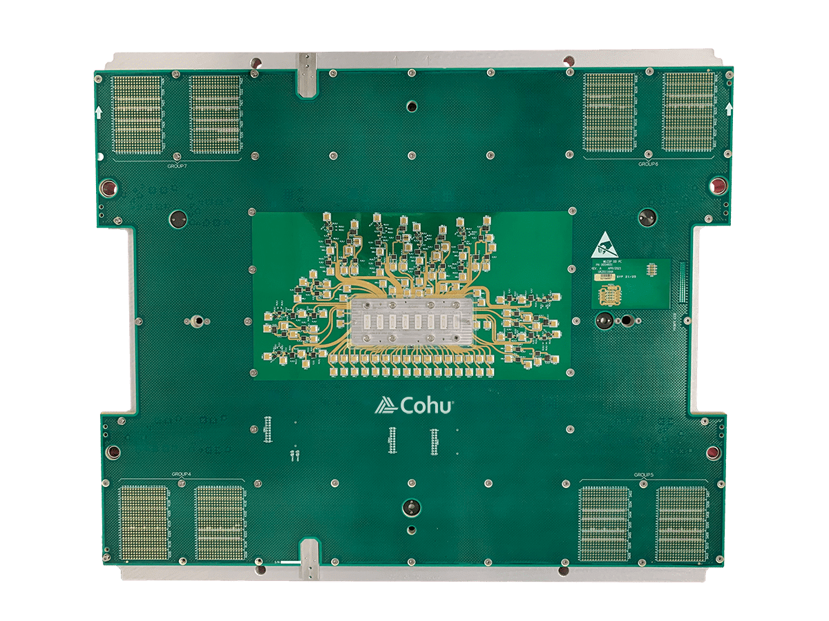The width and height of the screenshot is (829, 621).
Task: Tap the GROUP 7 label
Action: [x=178, y=166]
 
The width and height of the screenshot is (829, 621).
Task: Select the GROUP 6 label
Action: [x=648, y=164]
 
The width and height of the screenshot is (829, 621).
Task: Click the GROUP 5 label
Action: [x=643, y=475]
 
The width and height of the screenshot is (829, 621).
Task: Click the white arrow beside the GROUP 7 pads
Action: [x=98, y=111]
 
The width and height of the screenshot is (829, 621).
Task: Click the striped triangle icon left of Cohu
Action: [x=384, y=406]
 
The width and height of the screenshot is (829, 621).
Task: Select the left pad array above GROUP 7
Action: [x=137, y=115]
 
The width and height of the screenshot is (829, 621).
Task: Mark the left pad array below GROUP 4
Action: [x=144, y=522]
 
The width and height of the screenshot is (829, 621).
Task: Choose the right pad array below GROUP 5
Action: [x=682, y=523]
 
